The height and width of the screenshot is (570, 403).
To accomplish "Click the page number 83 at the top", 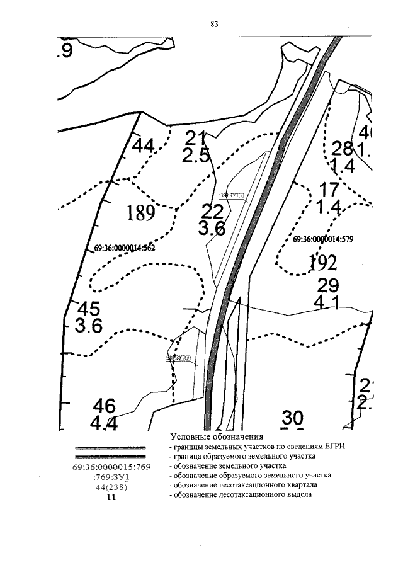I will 214,25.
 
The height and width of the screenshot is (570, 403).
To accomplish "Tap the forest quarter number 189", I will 140,214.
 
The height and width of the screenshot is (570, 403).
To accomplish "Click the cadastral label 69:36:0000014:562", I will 124,248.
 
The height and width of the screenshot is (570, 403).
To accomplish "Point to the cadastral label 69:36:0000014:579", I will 325,239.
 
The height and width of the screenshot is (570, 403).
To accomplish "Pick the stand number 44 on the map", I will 143,146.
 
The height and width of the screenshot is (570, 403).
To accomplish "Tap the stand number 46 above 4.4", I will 105,405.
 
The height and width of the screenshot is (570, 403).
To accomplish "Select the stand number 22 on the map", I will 212,212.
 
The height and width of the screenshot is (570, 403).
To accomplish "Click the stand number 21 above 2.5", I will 196,137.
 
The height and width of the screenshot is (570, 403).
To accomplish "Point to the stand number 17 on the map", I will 329,188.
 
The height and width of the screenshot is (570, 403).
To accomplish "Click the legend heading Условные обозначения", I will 216,436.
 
